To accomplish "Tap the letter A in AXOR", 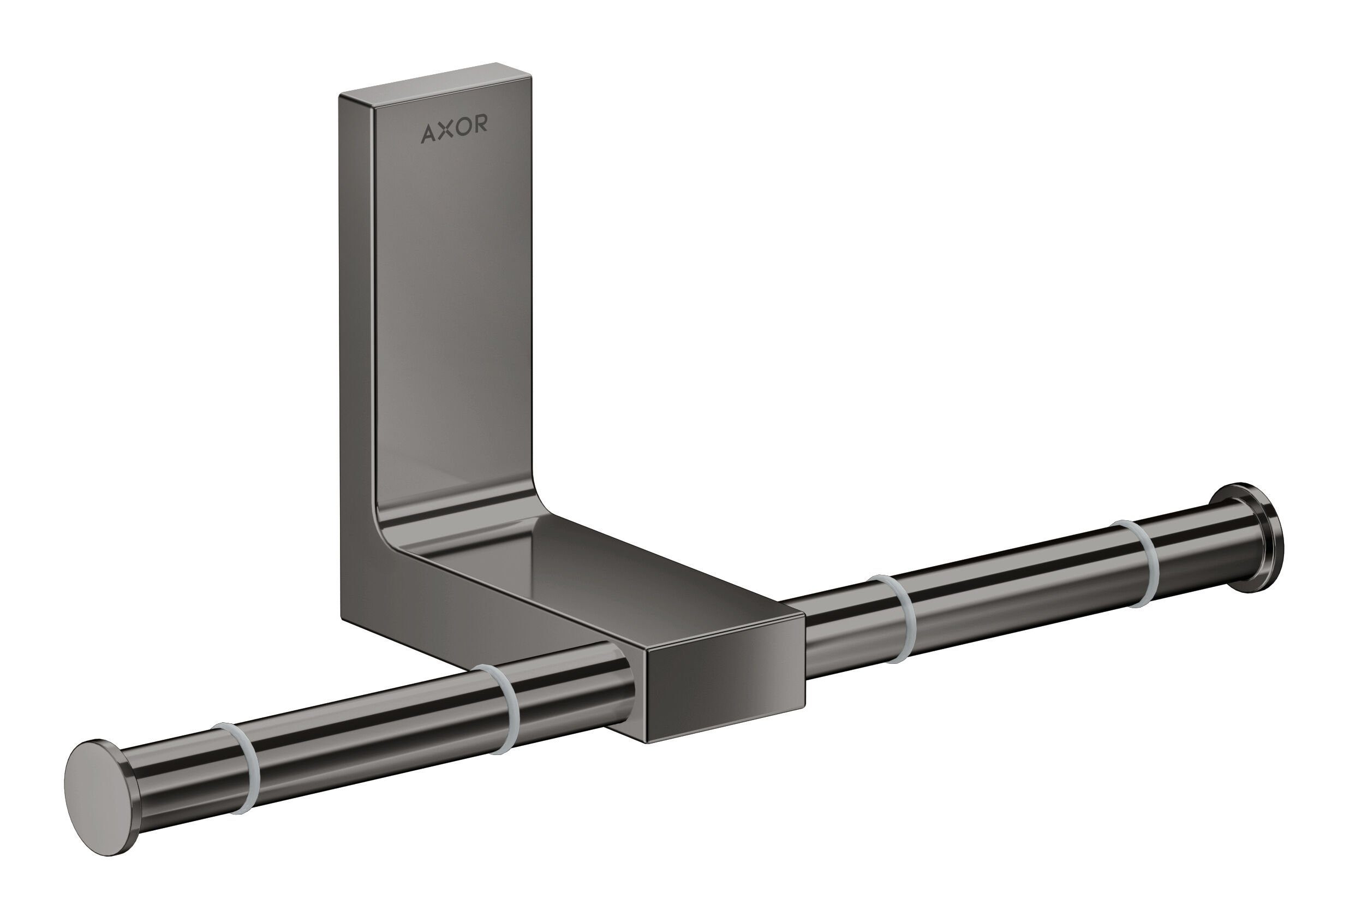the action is tap(429, 133).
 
